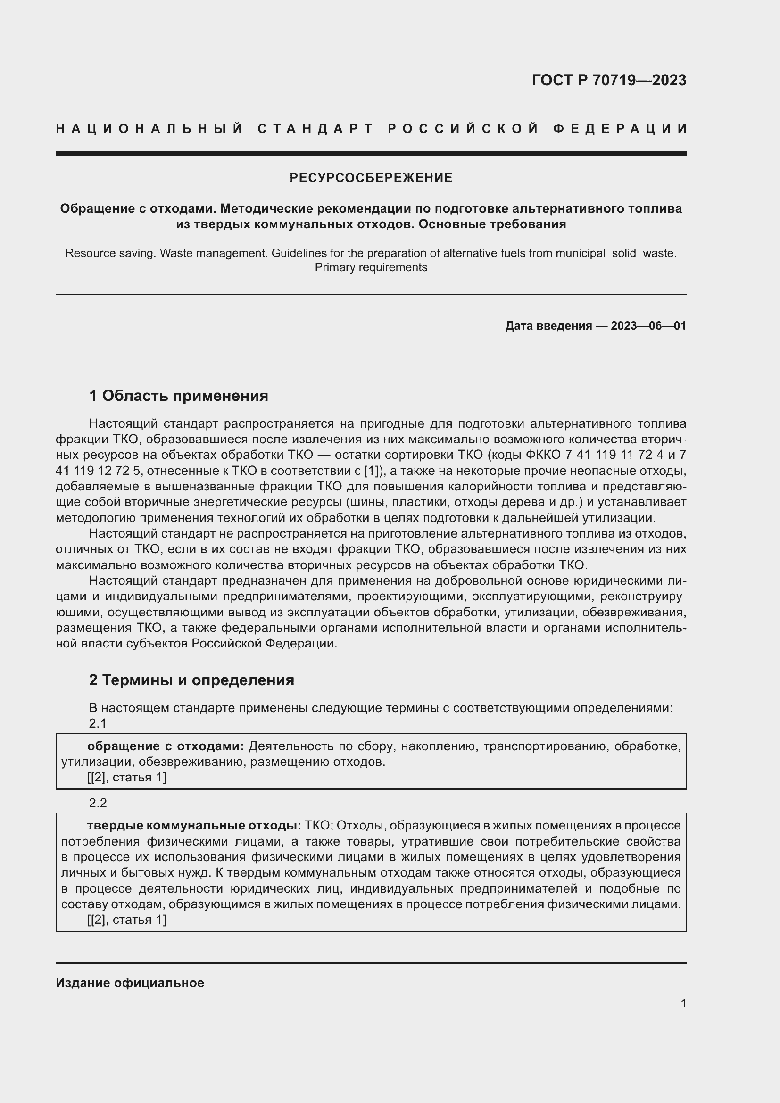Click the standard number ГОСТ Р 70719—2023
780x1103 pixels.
pos(608,80)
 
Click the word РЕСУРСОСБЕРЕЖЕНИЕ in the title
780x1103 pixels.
pos(371,178)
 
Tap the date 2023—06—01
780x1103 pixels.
pos(648,326)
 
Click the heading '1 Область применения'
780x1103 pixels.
pos(178,396)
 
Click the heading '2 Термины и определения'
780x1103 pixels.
pos(191,680)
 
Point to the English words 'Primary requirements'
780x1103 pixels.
pos(371,267)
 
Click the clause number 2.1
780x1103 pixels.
pos(98,723)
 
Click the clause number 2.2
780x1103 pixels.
pos(98,803)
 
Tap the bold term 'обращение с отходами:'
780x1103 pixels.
pos(165,746)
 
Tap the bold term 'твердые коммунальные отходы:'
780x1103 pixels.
pos(194,826)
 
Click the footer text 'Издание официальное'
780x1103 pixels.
pos(130,983)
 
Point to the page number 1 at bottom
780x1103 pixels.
pos(683,1003)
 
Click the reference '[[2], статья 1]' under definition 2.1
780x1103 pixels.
pos(127,777)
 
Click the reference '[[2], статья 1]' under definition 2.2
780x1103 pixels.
pos(127,920)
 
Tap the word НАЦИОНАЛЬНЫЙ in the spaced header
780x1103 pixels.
pos(149,129)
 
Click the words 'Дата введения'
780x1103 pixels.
pos(548,326)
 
